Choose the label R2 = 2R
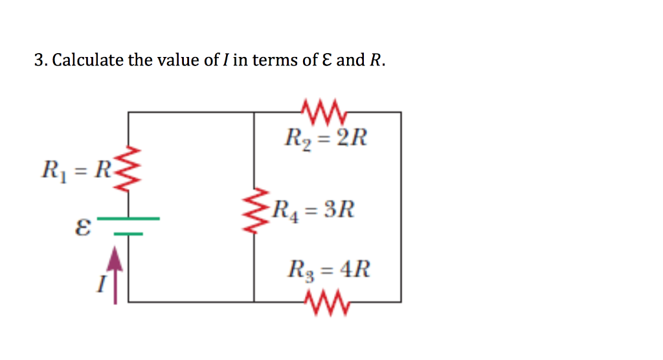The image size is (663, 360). [326, 139]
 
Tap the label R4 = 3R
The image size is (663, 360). [314, 210]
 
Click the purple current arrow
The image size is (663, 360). [115, 275]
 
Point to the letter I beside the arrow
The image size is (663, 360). [100, 284]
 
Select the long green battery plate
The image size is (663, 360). [128, 218]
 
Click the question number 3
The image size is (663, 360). [39, 61]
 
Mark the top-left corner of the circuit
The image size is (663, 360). [128, 113]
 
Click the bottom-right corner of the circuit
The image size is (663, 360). [401, 302]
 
